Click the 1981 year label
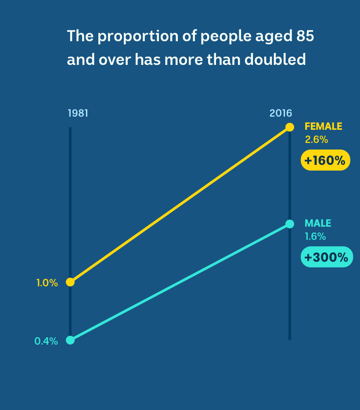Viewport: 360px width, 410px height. tap(78, 113)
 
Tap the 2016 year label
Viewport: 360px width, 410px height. tap(281, 113)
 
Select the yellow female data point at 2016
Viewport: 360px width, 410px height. tap(290, 127)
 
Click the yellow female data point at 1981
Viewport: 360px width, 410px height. tap(70, 282)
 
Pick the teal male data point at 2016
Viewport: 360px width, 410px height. tap(290, 224)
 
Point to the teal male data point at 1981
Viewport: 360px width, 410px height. tap(70, 340)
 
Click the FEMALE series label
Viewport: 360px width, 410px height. tap(324, 127)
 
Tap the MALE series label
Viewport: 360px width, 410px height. tap(318, 223)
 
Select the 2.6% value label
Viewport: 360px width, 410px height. tap(316, 139)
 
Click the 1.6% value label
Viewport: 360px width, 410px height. tap(315, 237)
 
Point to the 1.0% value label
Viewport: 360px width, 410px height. tap(47, 283)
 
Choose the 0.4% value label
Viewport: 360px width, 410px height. tap(46, 341)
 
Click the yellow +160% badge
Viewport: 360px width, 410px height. tap(325, 160)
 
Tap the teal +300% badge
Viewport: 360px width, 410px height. tap(327, 257)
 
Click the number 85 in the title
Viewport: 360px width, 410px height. tap(305, 36)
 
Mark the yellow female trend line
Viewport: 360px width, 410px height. tap(180, 205)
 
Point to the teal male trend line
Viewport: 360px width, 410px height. tap(180, 282)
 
